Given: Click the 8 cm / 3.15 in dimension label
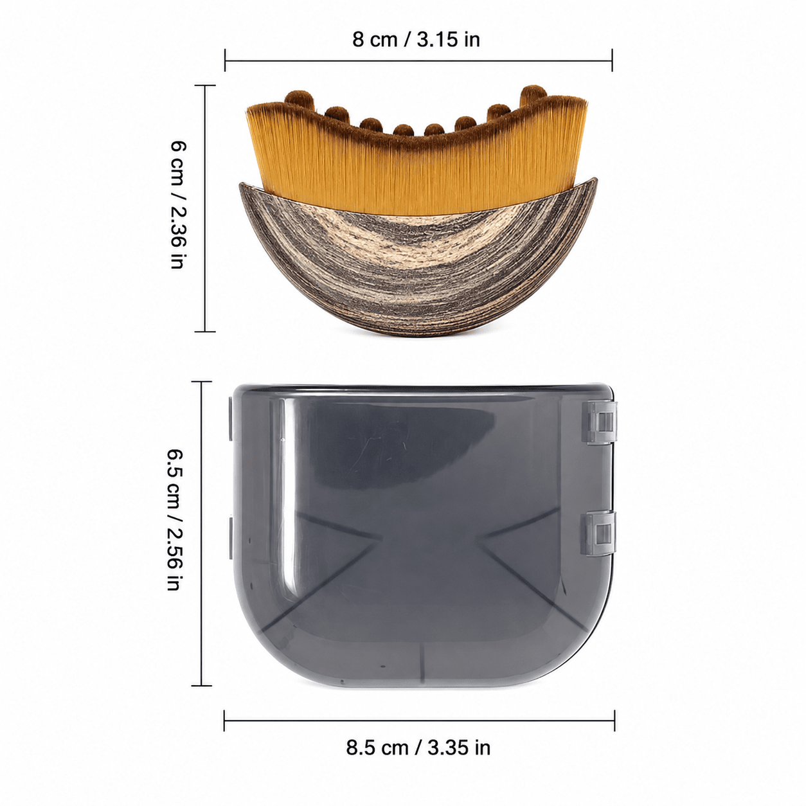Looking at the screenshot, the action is pyautogui.click(x=416, y=40).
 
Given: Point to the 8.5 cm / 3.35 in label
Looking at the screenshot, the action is pyautogui.click(x=418, y=747).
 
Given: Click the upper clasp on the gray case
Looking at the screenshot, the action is pyautogui.click(x=600, y=422).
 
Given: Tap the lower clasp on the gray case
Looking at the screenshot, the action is pyautogui.click(x=600, y=533).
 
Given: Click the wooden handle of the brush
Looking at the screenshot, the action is pyautogui.click(x=418, y=259).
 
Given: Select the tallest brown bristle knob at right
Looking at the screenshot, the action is pyautogui.click(x=533, y=94).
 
